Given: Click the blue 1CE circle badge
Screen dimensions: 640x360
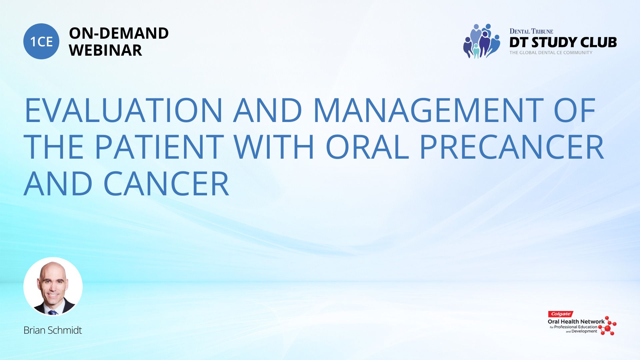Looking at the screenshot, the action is [x=41, y=41].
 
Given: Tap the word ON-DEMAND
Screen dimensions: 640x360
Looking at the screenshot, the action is [x=119, y=33].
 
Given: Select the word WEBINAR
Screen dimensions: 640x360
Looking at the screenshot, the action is [x=105, y=50].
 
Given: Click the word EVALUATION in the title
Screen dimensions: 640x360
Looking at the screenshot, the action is [x=123, y=110].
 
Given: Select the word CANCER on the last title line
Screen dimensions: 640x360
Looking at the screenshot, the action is [x=166, y=184].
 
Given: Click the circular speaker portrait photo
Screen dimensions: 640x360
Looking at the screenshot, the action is [x=53, y=286].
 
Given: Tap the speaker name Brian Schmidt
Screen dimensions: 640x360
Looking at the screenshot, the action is [x=53, y=330].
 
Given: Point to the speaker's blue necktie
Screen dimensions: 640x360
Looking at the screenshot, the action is [x=52, y=313].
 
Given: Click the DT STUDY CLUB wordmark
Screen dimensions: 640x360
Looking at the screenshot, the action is [x=563, y=42].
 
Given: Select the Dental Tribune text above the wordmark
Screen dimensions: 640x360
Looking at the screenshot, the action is [x=531, y=31].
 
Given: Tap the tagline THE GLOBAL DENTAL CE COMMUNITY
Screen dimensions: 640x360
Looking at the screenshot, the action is [x=551, y=53].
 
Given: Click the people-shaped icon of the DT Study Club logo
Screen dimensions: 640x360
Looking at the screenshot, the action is [x=482, y=41].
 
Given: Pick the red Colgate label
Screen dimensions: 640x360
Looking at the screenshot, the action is [x=561, y=314].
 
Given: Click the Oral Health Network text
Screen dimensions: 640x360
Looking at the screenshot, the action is [x=576, y=322].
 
